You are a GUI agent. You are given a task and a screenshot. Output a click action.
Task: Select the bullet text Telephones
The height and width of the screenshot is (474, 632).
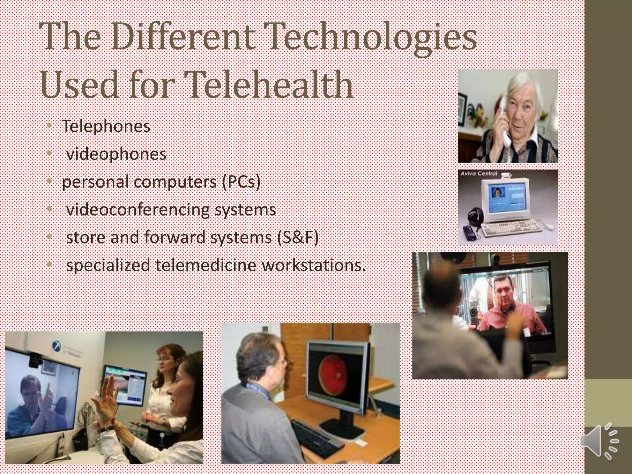coord(106,126)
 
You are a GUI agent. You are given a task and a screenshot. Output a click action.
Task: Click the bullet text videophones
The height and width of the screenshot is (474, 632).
coord(116,154)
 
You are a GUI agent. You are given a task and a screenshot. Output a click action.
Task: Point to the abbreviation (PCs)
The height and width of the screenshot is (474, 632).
coord(241,182)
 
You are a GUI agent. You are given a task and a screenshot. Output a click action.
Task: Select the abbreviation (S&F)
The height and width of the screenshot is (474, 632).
coord(297,238)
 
